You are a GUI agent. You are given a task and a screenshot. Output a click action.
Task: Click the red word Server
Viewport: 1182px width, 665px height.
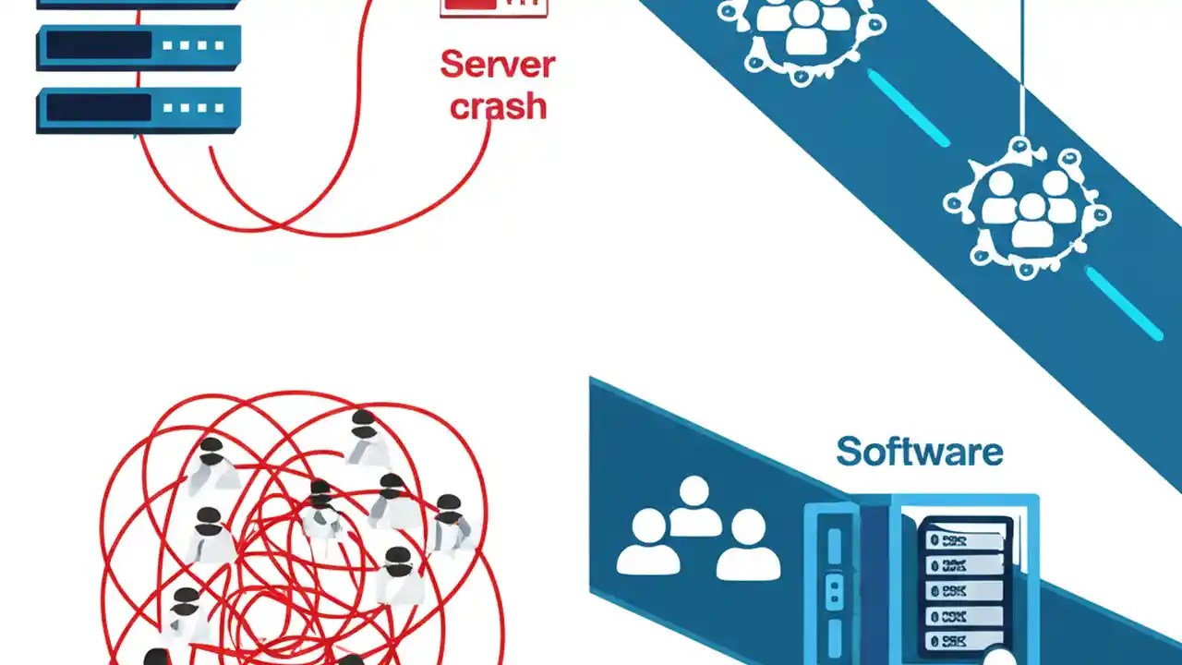(x=497, y=66)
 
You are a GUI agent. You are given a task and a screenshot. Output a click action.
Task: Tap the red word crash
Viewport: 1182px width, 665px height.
(x=498, y=106)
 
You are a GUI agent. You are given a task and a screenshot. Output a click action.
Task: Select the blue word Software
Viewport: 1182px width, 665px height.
(x=919, y=453)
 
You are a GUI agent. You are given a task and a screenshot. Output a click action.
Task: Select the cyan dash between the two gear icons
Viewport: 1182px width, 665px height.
(x=908, y=108)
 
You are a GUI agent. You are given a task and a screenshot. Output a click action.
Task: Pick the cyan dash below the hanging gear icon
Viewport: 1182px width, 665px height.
(x=1123, y=304)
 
